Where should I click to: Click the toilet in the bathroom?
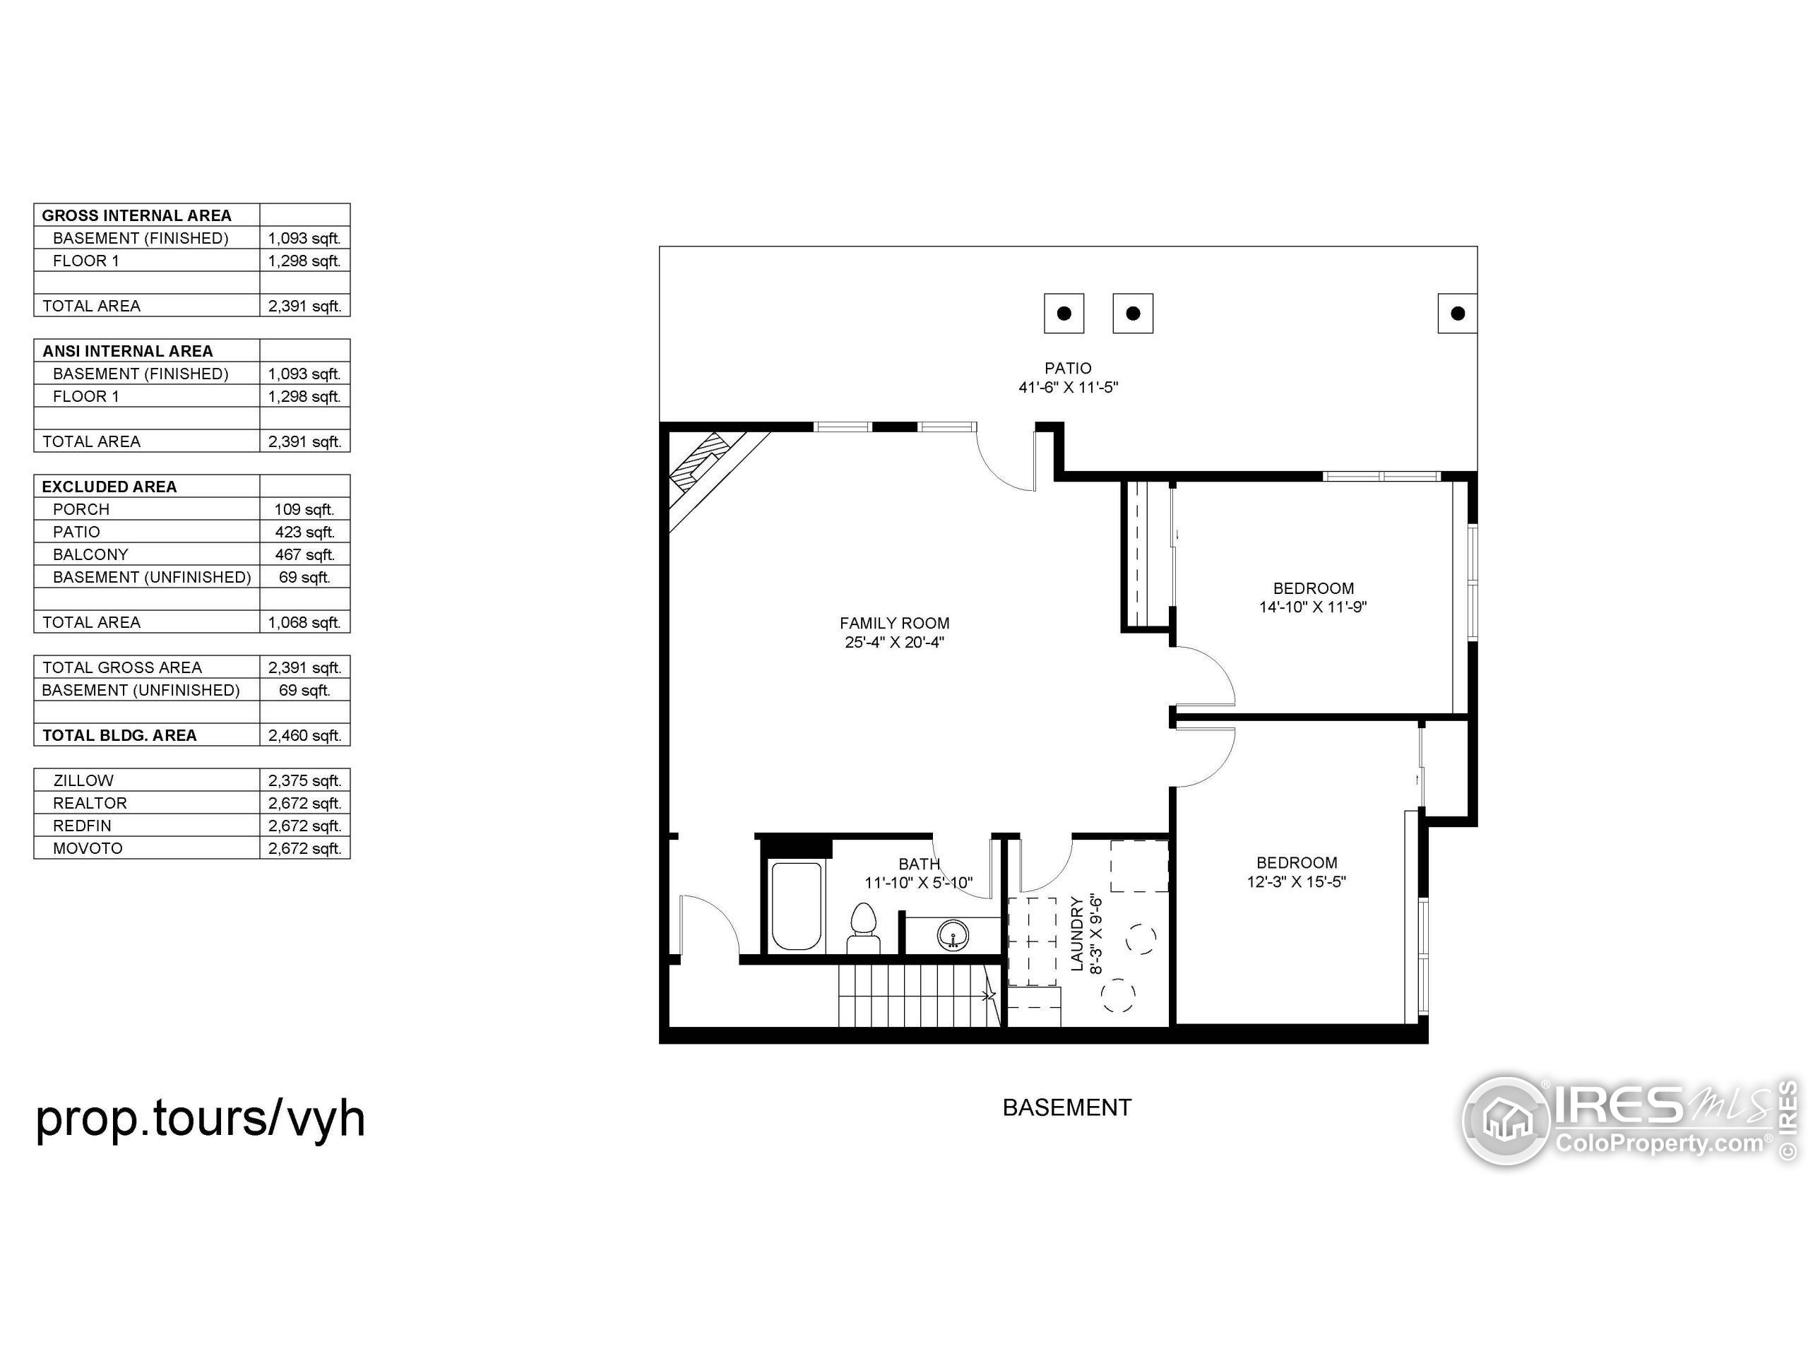point(863,928)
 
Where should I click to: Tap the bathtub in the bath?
point(796,905)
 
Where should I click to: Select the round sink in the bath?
point(952,934)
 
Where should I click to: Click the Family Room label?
point(894,624)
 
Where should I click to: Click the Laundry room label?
point(1077,934)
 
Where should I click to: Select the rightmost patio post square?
point(1458,313)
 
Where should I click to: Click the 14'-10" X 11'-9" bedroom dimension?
point(1313,607)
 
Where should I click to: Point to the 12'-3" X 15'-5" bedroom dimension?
point(1297,882)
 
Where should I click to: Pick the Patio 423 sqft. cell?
point(304,532)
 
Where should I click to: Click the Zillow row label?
point(83,780)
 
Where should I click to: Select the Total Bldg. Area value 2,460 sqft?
point(304,736)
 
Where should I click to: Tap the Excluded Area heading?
point(109,487)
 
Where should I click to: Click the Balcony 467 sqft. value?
point(304,555)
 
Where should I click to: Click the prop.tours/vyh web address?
point(201,1118)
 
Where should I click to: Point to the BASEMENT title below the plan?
point(1066,1107)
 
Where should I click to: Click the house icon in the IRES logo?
point(1506,1120)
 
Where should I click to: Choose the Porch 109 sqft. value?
point(304,510)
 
